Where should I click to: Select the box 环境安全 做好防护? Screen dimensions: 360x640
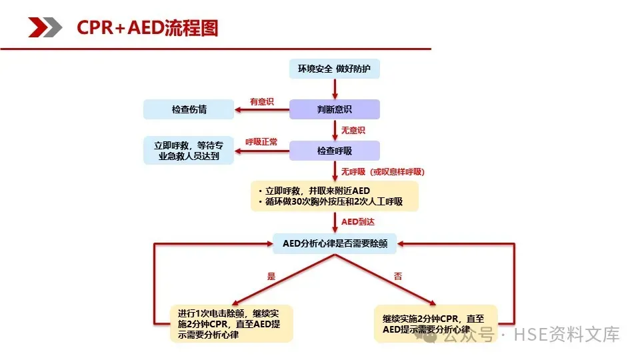[x=334, y=69]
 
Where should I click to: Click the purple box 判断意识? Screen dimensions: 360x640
[x=334, y=109]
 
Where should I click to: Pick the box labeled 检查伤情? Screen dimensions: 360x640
[x=189, y=109]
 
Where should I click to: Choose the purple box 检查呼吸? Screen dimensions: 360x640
[x=334, y=151]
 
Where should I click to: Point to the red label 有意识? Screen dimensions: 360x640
[x=261, y=101]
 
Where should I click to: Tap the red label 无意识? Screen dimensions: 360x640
[x=353, y=130]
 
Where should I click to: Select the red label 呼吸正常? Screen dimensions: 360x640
[x=261, y=142]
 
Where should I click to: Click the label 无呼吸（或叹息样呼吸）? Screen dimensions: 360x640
[x=383, y=171]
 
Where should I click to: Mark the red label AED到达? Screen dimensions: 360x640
[x=359, y=221]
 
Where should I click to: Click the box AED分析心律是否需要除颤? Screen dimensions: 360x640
[x=335, y=243]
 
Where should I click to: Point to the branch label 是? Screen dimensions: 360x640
[x=271, y=276]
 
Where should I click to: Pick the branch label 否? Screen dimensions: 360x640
[x=398, y=276]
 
